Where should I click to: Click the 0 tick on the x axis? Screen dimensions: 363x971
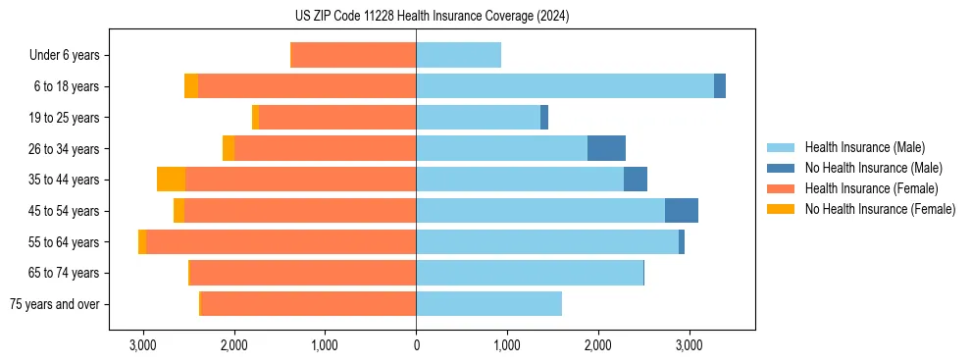pyautogui.click(x=416, y=345)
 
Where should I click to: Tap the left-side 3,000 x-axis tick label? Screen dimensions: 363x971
pyautogui.click(x=143, y=345)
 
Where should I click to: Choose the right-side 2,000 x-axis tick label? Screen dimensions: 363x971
pyautogui.click(x=597, y=345)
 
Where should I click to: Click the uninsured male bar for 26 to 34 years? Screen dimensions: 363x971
pyautogui.click(x=606, y=148)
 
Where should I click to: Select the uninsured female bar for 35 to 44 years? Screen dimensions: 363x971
pyautogui.click(x=171, y=180)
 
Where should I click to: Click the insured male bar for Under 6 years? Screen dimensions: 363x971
pyautogui.click(x=458, y=56)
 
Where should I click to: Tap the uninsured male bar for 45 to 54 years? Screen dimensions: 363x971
pyautogui.click(x=682, y=210)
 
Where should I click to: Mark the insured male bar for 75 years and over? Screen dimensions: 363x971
pyautogui.click(x=488, y=304)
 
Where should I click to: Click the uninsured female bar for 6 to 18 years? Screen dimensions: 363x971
pyautogui.click(x=191, y=86)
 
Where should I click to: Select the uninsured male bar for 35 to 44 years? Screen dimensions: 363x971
pyautogui.click(x=636, y=180)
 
